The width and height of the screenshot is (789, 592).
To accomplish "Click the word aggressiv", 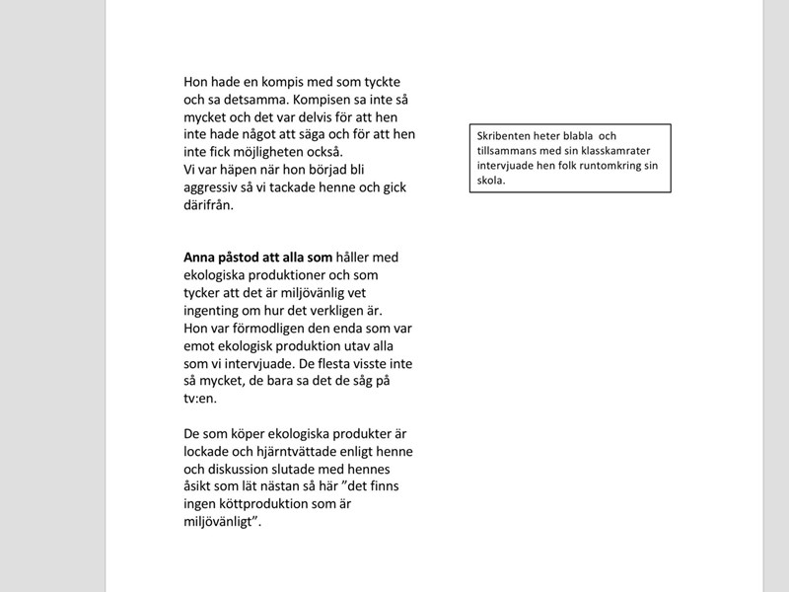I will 214,187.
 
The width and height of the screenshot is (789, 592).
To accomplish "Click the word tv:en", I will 199,399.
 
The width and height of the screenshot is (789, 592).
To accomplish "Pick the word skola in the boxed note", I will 489,182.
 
